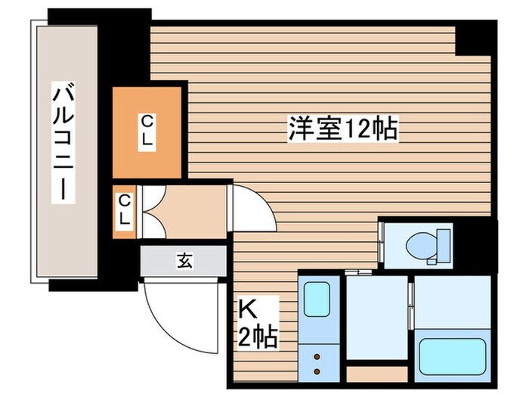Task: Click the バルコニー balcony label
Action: click(63, 144)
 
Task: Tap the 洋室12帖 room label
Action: click(342, 129)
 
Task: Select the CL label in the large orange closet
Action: click(148, 132)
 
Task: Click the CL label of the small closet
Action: click(125, 212)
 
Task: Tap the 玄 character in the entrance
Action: click(184, 261)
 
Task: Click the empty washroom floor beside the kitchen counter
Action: click(376, 318)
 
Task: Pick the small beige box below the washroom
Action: click(376, 374)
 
